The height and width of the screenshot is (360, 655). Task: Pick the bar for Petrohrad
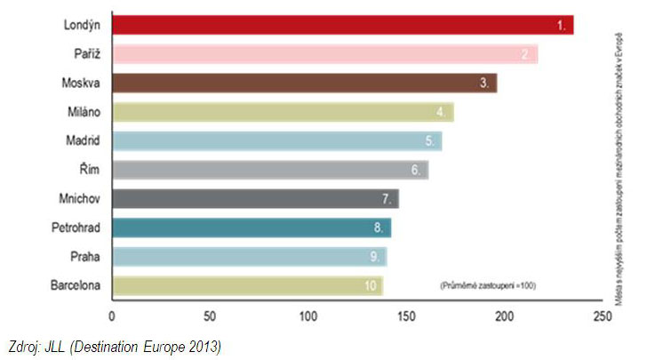click(252, 228)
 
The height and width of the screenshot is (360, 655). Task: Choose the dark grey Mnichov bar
click(255, 198)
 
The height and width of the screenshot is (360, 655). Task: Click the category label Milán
click(82, 112)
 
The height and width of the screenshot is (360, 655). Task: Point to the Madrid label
click(81, 140)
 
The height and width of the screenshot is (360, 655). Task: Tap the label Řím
click(90, 170)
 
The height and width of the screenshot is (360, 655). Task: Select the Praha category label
click(85, 256)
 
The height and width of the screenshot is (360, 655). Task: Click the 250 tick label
click(603, 316)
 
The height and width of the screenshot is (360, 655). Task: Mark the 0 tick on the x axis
click(112, 316)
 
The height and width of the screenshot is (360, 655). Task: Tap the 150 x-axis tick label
click(406, 316)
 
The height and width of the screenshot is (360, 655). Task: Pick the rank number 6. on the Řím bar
click(416, 170)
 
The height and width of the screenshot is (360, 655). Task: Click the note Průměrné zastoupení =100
click(487, 285)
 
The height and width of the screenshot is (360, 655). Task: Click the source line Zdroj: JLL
click(113, 347)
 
